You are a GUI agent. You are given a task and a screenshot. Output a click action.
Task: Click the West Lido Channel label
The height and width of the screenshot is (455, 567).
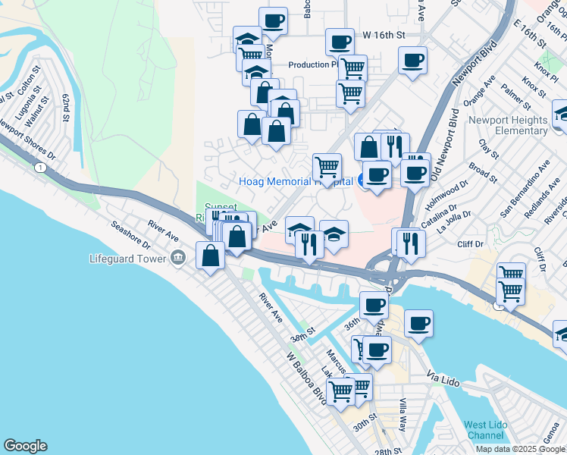tap(485, 430)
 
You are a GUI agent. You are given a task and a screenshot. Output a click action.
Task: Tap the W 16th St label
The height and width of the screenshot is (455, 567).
tap(384, 35)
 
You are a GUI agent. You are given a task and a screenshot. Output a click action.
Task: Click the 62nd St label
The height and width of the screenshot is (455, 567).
tap(70, 110)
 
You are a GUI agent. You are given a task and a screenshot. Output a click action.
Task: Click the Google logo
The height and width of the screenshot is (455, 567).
tap(25, 446)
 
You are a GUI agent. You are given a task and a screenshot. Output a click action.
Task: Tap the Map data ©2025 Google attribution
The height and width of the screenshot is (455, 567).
tap(520, 449)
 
